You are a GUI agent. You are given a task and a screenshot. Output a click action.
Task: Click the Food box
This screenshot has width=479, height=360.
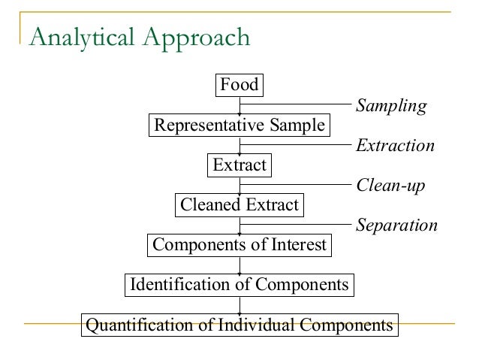click(x=239, y=85)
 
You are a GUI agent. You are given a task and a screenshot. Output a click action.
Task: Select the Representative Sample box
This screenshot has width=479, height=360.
click(x=239, y=125)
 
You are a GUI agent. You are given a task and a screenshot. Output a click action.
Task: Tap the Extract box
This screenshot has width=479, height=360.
click(x=239, y=165)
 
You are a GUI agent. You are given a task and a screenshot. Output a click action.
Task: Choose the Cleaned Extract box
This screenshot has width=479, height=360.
click(x=239, y=204)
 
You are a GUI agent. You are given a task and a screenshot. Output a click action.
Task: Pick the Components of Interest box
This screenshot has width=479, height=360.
click(x=239, y=244)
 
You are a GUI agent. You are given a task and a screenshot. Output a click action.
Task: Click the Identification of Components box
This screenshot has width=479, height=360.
click(x=239, y=285)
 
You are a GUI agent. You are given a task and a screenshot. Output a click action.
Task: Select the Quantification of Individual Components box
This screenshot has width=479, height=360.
click(x=239, y=325)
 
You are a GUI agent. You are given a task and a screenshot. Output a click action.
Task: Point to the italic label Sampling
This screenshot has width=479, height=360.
click(x=390, y=106)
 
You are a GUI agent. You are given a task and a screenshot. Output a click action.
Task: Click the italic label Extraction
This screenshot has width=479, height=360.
click(x=395, y=146)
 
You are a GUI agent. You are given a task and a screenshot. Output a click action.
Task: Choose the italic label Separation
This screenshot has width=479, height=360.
click(x=396, y=225)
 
